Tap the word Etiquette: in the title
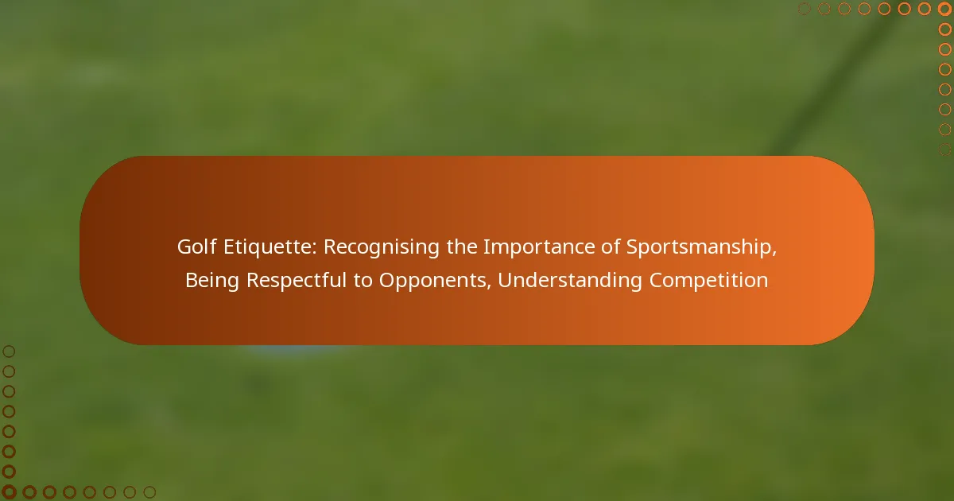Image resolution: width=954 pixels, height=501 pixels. pos(270,247)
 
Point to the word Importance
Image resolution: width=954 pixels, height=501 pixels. pos(538,247)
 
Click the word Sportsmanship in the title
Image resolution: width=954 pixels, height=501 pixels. pos(699,247)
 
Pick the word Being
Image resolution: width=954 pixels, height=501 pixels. pos(212,281)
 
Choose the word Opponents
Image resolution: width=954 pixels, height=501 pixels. pos(433,281)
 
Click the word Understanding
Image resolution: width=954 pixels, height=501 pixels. pos(569,281)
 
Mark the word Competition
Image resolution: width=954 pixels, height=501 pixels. pos(708,281)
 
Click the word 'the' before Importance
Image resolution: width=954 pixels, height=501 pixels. pos(462,247)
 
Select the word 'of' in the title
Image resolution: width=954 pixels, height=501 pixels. pos(610,247)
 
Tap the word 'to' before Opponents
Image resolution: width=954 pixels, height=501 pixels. pos(363,281)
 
